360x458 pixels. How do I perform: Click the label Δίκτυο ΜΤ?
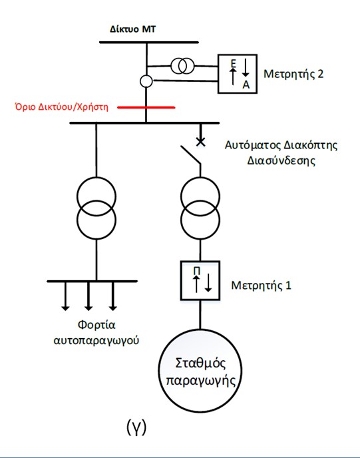(x=133, y=29)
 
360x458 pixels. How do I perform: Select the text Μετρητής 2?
(x=293, y=74)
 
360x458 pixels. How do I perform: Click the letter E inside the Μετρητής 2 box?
(x=234, y=63)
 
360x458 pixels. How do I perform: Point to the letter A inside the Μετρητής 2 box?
(x=246, y=85)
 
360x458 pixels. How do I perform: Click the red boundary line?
(x=146, y=107)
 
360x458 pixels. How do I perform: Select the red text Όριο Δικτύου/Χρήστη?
(x=62, y=107)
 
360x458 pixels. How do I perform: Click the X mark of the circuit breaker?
(x=200, y=142)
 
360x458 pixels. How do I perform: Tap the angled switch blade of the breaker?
(x=190, y=154)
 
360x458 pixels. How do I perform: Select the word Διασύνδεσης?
(x=281, y=160)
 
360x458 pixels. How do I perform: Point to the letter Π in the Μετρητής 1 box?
(x=197, y=272)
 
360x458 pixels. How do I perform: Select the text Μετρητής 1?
(x=261, y=286)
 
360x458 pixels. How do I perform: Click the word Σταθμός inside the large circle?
(x=200, y=363)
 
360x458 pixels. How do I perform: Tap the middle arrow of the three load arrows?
(x=89, y=296)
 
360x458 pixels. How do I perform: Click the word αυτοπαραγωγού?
(x=96, y=341)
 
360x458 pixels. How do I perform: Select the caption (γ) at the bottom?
(x=136, y=427)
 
